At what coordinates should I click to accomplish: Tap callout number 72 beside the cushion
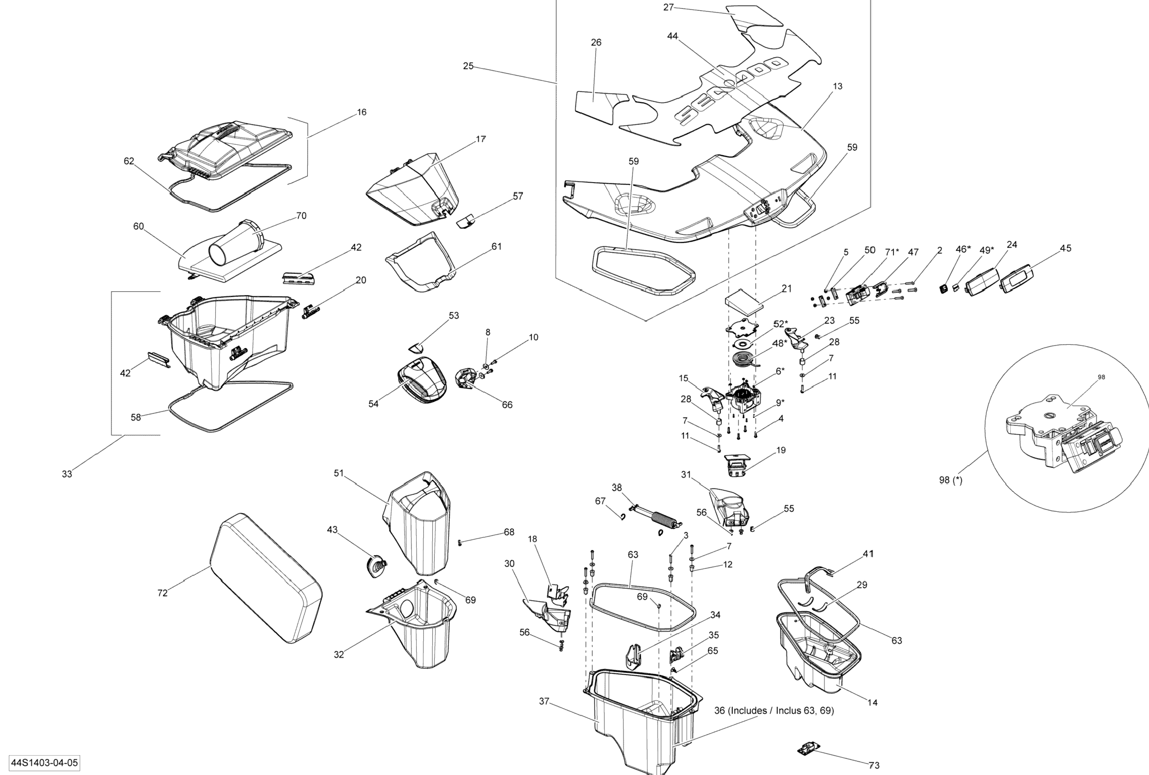pos(162,593)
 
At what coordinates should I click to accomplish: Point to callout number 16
pos(362,112)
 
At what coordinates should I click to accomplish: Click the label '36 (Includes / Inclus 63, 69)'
pos(774,710)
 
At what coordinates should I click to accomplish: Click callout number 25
pos(468,66)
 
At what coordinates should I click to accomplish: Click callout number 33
pos(67,474)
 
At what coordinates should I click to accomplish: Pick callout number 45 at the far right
pos(1065,248)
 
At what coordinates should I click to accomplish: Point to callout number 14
pos(872,702)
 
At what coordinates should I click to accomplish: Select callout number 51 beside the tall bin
pos(338,473)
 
